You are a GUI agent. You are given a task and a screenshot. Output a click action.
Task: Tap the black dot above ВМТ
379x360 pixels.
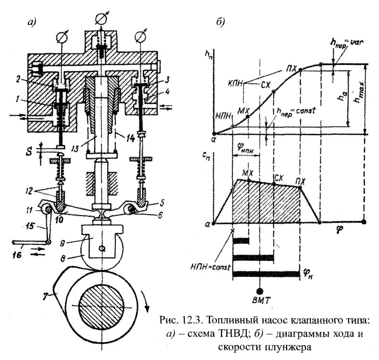tap(260, 291)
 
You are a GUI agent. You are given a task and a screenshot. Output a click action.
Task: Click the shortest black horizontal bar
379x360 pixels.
tap(241, 240)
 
